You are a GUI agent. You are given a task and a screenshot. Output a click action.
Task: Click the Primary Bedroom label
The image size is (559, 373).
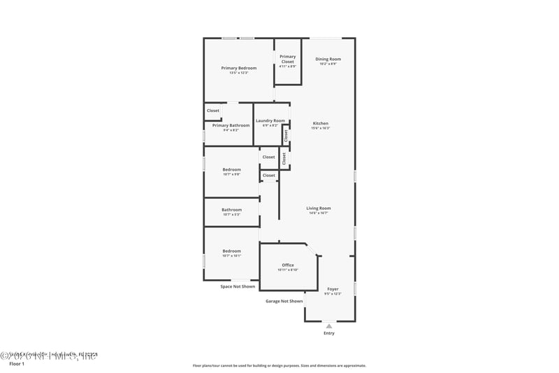tap(238, 68)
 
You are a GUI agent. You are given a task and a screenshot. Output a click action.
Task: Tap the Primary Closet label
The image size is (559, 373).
tap(288, 59)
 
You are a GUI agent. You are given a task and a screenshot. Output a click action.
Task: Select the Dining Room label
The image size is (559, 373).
tap(328, 59)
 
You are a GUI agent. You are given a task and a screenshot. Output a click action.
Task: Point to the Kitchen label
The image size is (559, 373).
tap(320, 123)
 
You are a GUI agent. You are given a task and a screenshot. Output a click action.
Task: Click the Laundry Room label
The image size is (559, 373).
tap(270, 121)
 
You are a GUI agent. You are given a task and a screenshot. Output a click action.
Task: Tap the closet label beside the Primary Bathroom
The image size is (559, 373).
tap(212, 110)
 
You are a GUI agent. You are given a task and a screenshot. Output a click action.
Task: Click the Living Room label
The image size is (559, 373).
tap(318, 208)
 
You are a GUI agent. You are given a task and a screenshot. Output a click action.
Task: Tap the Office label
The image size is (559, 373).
tap(288, 265)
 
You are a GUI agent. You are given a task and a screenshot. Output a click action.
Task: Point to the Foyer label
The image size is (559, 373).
tap(333, 289)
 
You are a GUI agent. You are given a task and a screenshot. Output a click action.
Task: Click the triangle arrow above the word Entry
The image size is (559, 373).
tap(328, 325)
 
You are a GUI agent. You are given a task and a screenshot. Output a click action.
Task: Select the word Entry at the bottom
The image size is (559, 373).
tap(328, 333)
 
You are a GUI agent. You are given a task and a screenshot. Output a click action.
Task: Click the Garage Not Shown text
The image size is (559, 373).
tap(284, 301)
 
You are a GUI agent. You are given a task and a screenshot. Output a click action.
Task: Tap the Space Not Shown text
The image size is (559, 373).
tap(238, 286)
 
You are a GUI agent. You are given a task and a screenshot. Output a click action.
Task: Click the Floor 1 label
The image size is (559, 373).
tap(17, 364)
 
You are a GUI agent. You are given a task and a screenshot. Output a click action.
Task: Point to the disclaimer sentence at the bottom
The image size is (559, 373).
tap(279, 365)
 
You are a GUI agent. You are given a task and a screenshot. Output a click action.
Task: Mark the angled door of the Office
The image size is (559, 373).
tap(312, 249)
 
